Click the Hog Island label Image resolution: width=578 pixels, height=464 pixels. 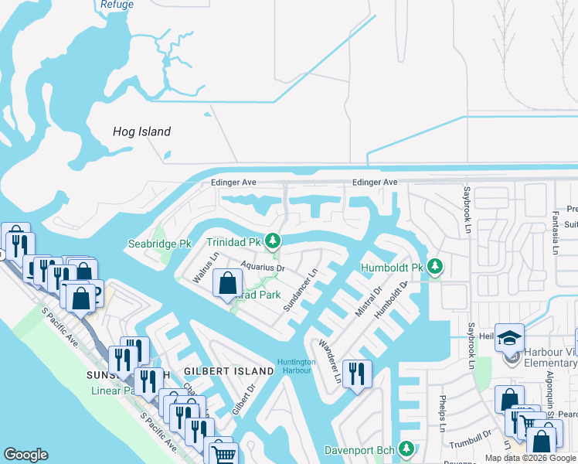[x=141, y=131]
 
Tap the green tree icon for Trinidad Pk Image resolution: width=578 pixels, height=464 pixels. [x=272, y=242]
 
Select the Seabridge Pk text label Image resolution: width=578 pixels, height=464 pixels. [x=159, y=244]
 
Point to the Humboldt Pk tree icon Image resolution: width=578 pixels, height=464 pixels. [x=435, y=268]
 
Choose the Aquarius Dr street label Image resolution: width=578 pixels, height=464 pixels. [x=263, y=268]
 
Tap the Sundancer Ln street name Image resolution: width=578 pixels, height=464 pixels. [x=301, y=291]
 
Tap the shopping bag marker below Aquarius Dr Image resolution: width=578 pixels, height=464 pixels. [x=227, y=283]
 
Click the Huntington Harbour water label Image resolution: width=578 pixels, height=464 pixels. [x=297, y=366]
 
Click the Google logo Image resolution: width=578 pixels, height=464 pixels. [x=25, y=455]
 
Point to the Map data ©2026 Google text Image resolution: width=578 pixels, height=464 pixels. [x=530, y=458]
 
